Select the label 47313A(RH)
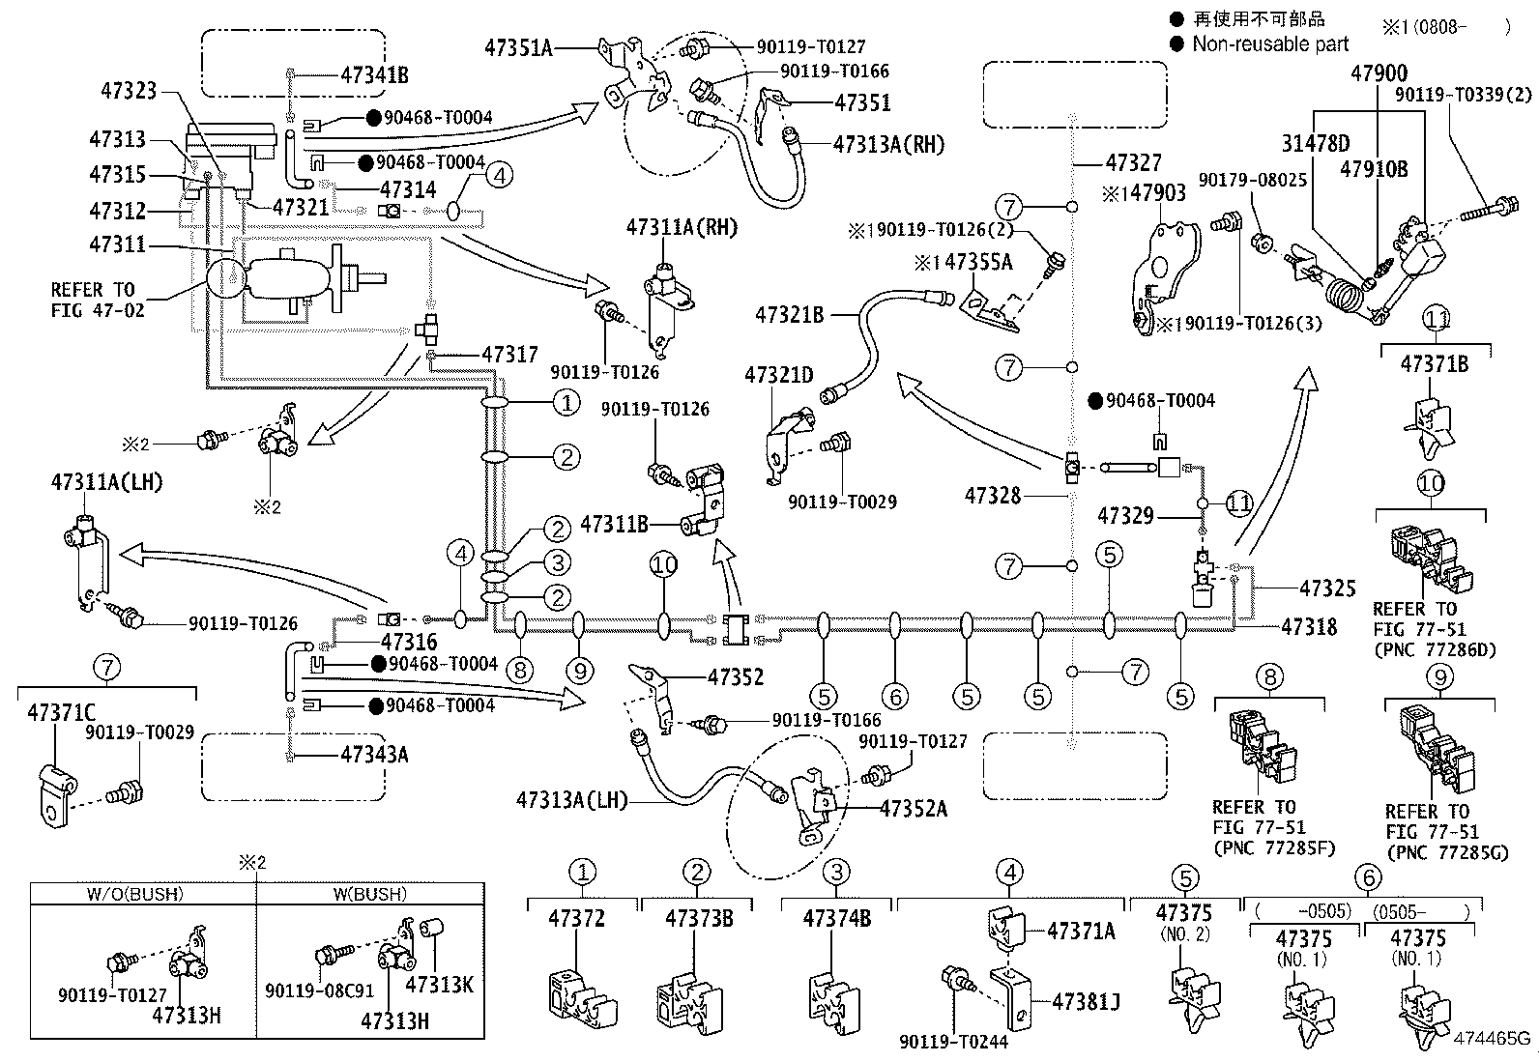[888, 144]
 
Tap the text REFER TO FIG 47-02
[93, 300]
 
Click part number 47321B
[789, 314]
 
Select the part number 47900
[1379, 73]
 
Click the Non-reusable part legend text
[1270, 43]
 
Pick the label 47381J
[1086, 1001]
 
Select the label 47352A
[913, 809]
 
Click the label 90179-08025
[1253, 180]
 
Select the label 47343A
[373, 754]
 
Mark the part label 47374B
[836, 918]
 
